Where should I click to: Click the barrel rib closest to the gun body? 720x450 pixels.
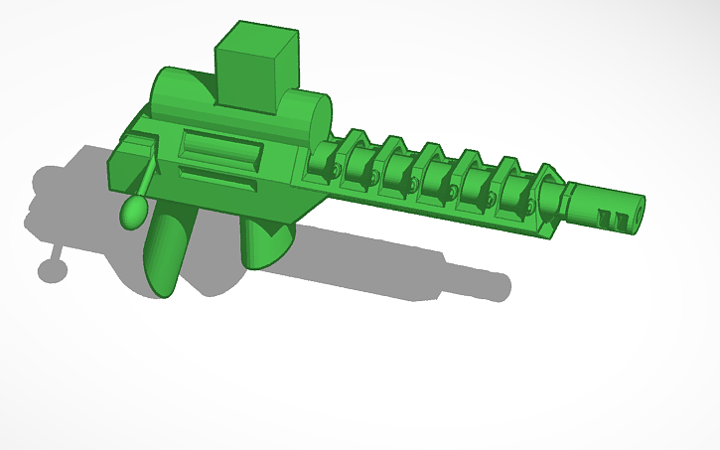pyautogui.click(x=322, y=158)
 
